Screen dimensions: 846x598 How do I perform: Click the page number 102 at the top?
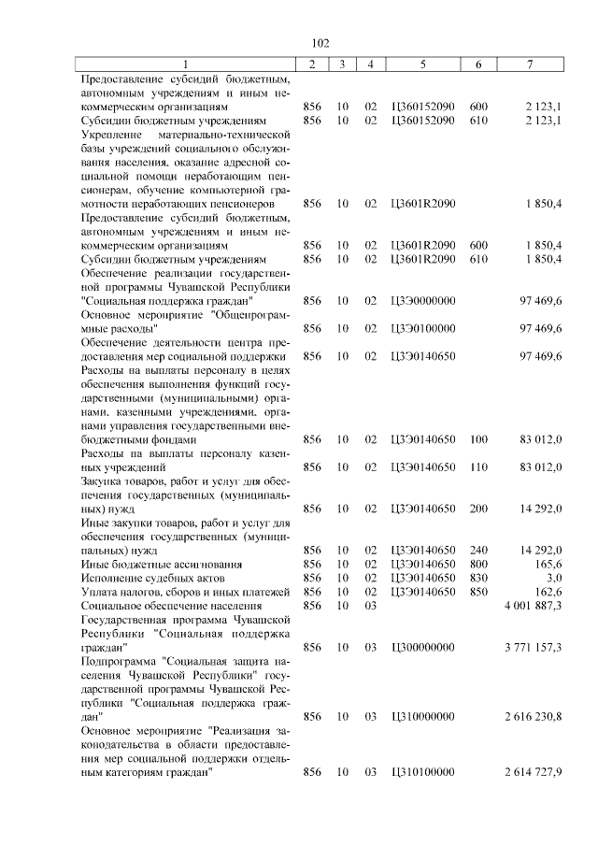320,43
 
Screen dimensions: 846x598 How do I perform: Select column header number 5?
423,64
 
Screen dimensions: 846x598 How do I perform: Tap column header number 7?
530,64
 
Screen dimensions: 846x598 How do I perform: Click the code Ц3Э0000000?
423,301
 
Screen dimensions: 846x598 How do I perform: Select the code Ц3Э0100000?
423,328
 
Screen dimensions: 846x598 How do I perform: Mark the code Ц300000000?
423,646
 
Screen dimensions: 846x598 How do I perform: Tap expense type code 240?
478,551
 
